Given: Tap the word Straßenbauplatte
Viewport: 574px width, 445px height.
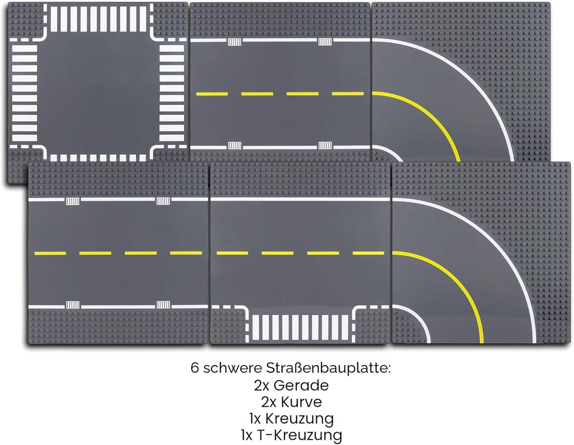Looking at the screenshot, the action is (x=328, y=368).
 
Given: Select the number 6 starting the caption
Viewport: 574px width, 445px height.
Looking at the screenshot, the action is (x=195, y=368).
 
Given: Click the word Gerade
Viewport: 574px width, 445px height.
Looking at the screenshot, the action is (x=301, y=385).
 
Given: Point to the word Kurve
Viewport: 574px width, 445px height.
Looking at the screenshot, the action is (x=301, y=402).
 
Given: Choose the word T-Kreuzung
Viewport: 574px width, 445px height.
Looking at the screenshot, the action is (x=300, y=435).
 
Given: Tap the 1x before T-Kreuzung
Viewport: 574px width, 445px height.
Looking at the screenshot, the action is (x=247, y=435).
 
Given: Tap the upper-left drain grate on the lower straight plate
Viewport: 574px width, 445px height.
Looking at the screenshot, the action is (x=72, y=201).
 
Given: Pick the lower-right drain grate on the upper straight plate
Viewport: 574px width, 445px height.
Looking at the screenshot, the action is (x=325, y=145).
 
